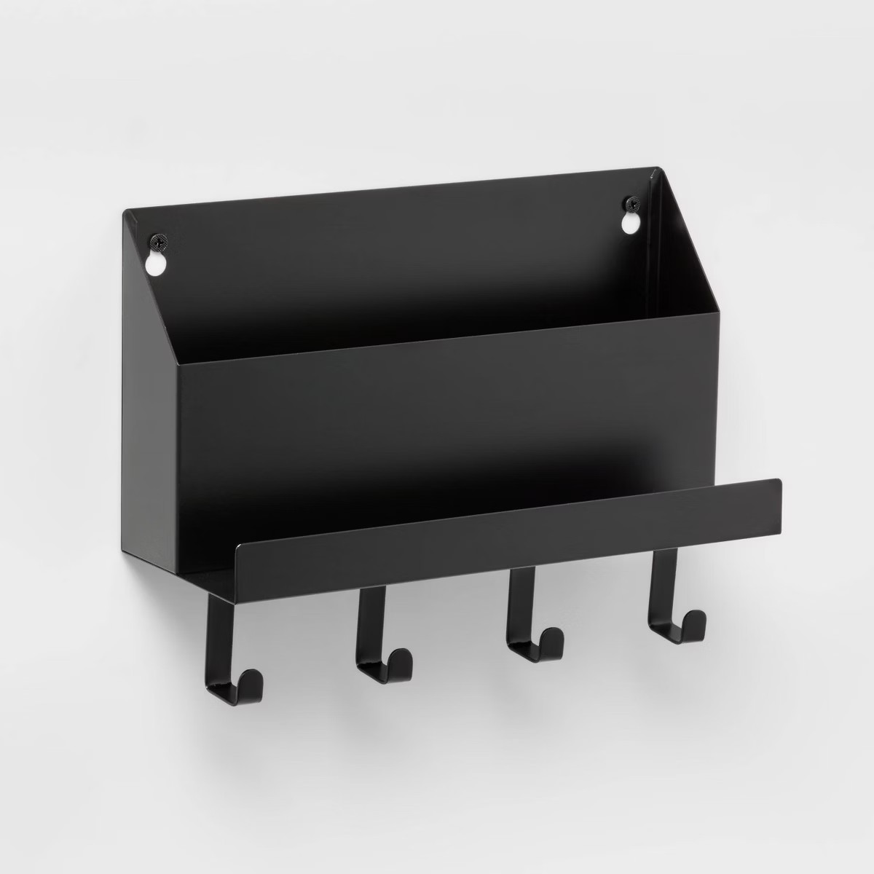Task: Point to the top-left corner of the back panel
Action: [x=125, y=213]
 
